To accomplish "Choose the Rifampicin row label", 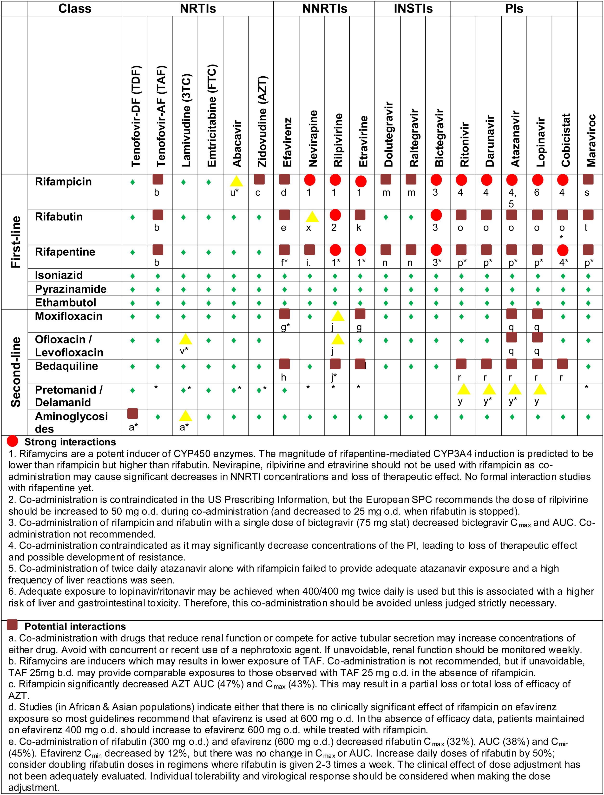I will tap(63, 182).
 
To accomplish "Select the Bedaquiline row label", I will tap(66, 366).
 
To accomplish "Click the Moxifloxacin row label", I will tap(68, 316).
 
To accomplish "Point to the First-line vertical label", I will tap(15, 242).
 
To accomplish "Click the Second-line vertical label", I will tap(15, 372).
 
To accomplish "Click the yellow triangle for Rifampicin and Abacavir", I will tap(236, 181).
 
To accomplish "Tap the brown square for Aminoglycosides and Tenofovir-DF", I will tap(133, 414).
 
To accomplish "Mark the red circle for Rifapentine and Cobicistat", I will tap(563, 250).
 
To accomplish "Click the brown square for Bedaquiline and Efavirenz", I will tap(284, 364).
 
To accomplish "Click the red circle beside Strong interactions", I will tap(13, 441).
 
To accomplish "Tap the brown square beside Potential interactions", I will tap(13, 624).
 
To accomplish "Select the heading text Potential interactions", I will tap(75, 626).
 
